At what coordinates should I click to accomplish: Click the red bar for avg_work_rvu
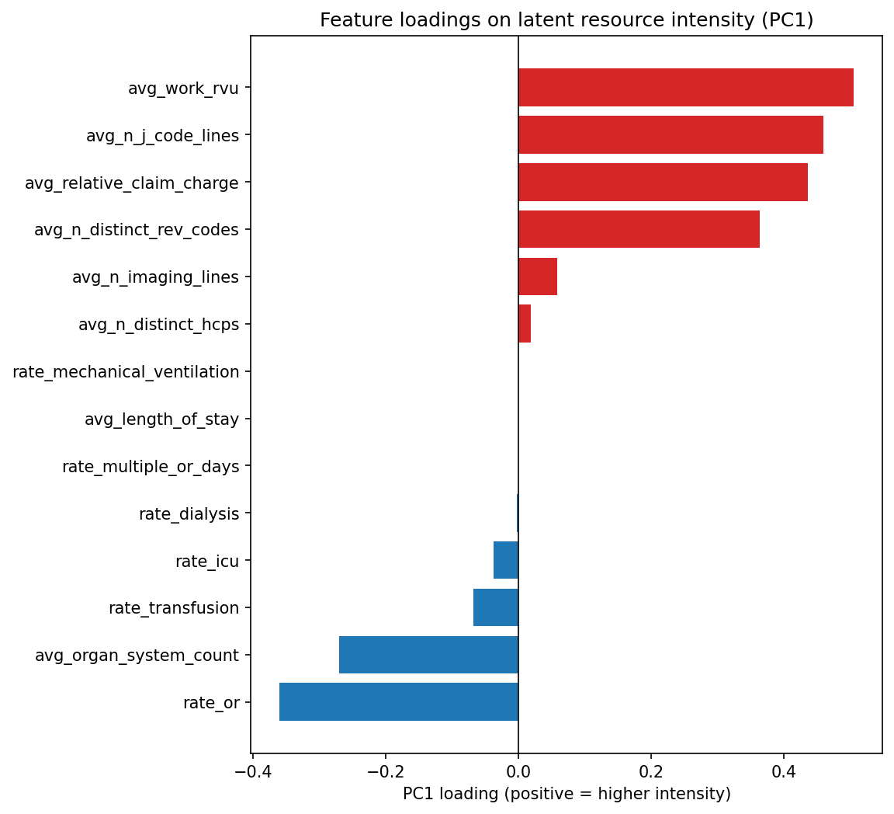point(685,88)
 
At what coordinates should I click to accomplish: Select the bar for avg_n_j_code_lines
point(670,135)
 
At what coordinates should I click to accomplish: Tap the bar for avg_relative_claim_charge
point(663,183)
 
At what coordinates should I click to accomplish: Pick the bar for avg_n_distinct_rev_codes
point(639,230)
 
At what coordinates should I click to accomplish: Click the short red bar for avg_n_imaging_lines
point(538,277)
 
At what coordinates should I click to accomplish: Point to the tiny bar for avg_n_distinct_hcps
point(525,325)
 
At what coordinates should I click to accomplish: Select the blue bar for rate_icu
point(506,560)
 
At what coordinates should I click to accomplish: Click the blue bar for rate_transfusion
point(496,607)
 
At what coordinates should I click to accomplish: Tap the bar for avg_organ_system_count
point(428,655)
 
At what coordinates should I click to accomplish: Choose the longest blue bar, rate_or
point(399,702)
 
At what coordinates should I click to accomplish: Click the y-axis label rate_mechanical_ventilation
point(126,372)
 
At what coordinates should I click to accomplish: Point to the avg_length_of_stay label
point(161,419)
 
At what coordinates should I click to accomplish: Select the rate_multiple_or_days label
point(151,467)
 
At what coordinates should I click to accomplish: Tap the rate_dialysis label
point(189,514)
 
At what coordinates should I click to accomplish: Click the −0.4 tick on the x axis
point(252,772)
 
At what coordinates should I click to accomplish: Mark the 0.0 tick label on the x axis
point(518,772)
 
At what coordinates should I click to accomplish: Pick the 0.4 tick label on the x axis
point(784,772)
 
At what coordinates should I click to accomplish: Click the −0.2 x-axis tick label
point(385,772)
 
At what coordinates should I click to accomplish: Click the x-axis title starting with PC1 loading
point(567,794)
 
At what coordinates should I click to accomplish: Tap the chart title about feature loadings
point(567,20)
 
